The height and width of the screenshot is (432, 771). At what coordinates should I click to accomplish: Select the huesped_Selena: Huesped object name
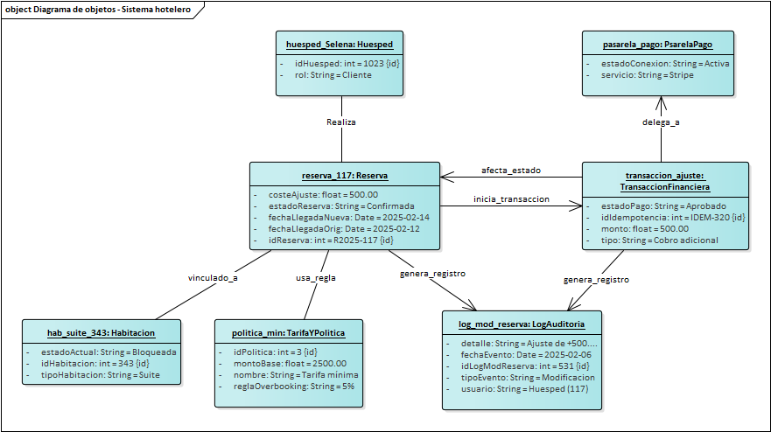340,44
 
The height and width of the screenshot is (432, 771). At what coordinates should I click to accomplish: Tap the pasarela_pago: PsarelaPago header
658,44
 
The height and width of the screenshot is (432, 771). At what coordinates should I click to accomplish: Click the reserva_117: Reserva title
344,175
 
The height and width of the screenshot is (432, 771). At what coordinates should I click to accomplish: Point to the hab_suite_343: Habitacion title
101,332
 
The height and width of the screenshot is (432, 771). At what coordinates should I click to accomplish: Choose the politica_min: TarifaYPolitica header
288,332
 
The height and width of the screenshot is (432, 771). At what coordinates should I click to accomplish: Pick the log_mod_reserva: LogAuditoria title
522,324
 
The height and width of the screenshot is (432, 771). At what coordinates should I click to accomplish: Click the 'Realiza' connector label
341,122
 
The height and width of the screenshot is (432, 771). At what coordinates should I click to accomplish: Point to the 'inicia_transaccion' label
511,199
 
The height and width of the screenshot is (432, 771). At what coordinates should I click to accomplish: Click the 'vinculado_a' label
213,277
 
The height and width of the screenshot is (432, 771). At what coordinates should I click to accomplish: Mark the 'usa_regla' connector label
315,277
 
